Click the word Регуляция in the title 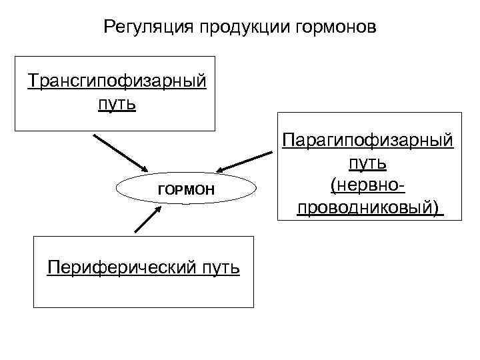(x=143, y=28)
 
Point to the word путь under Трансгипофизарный (x=117, y=104)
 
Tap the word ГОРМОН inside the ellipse (x=186, y=191)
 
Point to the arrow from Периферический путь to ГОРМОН (x=147, y=219)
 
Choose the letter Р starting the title (x=109, y=28)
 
